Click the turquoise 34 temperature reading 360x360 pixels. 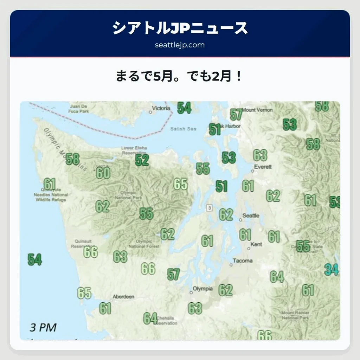(x=332, y=270)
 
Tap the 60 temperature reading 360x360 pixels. (x=103, y=173)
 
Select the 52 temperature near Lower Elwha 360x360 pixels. (x=142, y=160)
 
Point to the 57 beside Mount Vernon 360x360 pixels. (x=237, y=114)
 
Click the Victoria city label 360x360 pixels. (x=161, y=108)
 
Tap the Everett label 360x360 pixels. (x=263, y=167)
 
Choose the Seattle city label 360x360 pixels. (x=251, y=216)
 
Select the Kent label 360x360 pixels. (x=256, y=244)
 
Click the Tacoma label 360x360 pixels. (x=243, y=261)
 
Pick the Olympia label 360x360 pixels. (x=202, y=289)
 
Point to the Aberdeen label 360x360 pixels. (x=123, y=297)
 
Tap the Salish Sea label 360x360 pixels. (x=183, y=129)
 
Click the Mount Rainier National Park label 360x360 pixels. (x=295, y=315)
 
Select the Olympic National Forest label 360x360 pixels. (x=144, y=244)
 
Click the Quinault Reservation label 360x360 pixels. (x=84, y=244)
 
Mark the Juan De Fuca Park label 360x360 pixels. (x=79, y=109)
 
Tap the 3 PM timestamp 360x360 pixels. (x=43, y=327)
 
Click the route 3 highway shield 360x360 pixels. (x=210, y=208)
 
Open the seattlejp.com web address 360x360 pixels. (x=180, y=45)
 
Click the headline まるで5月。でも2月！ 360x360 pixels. (x=180, y=76)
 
